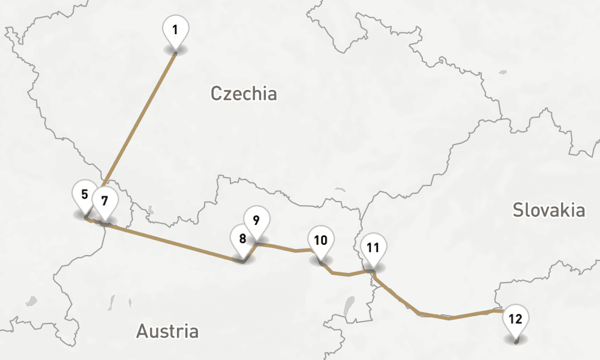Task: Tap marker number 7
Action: (x=105, y=200)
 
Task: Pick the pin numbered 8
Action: (x=243, y=239)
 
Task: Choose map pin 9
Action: (x=256, y=220)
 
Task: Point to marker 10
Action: (x=321, y=241)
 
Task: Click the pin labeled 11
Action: (x=373, y=248)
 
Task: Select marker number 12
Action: (x=515, y=319)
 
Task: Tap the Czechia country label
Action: (x=244, y=94)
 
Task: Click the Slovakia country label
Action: (x=549, y=210)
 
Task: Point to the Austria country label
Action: (x=167, y=331)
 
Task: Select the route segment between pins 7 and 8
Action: (x=174, y=242)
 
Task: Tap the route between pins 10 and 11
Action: (x=348, y=274)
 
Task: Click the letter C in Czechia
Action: (x=217, y=94)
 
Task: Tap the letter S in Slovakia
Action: (x=518, y=210)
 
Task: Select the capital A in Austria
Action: (x=143, y=331)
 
